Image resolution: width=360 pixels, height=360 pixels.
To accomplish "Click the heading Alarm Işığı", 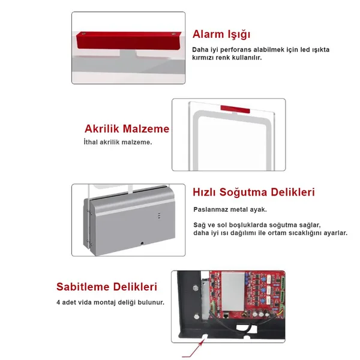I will pos(221,34).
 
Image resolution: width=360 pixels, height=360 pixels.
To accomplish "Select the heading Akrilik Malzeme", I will pos(127,129).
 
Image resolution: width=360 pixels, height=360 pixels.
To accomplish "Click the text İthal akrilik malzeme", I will pos(118,142).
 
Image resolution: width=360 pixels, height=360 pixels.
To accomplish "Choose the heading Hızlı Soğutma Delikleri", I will pos(253,193).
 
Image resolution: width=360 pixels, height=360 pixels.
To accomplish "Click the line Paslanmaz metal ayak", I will pos(230,209).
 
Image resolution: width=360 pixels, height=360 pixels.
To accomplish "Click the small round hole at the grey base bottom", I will pos(142,243).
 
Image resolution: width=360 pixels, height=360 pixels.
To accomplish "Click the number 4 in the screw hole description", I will pos(58,302).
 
